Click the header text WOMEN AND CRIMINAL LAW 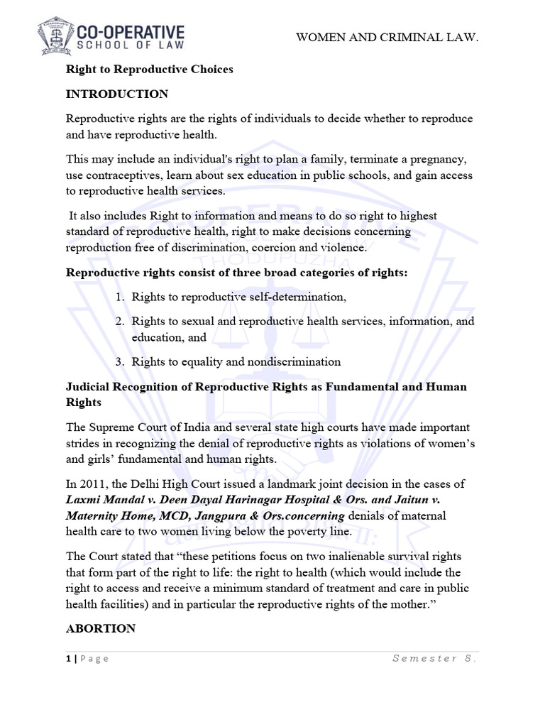click(x=387, y=37)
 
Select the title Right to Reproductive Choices click(x=149, y=70)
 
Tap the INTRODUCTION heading click(x=117, y=94)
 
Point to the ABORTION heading click(x=100, y=628)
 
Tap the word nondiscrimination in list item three click(x=294, y=362)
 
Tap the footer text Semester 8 click(x=434, y=658)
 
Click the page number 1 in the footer click(x=68, y=658)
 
